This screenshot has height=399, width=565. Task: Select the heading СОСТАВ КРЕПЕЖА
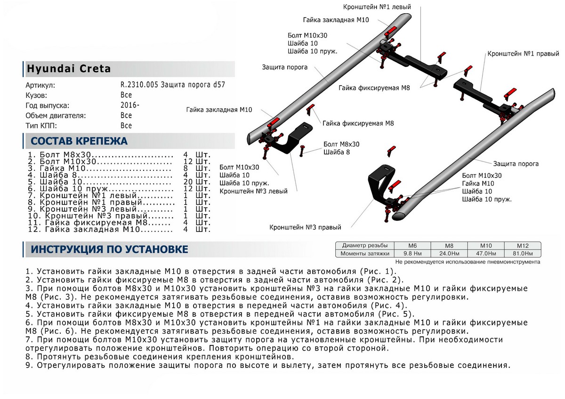79,141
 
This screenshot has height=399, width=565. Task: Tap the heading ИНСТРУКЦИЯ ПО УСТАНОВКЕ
109,249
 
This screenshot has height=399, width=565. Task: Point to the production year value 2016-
129,105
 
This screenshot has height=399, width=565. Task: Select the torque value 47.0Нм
486,254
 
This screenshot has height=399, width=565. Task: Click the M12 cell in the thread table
522,246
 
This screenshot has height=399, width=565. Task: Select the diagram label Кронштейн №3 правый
305,228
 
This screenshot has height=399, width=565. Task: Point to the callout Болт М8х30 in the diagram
341,144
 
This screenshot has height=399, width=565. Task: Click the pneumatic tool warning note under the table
468,262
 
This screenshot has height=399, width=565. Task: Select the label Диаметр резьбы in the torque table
365,246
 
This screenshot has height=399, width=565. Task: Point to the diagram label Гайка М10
478,183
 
